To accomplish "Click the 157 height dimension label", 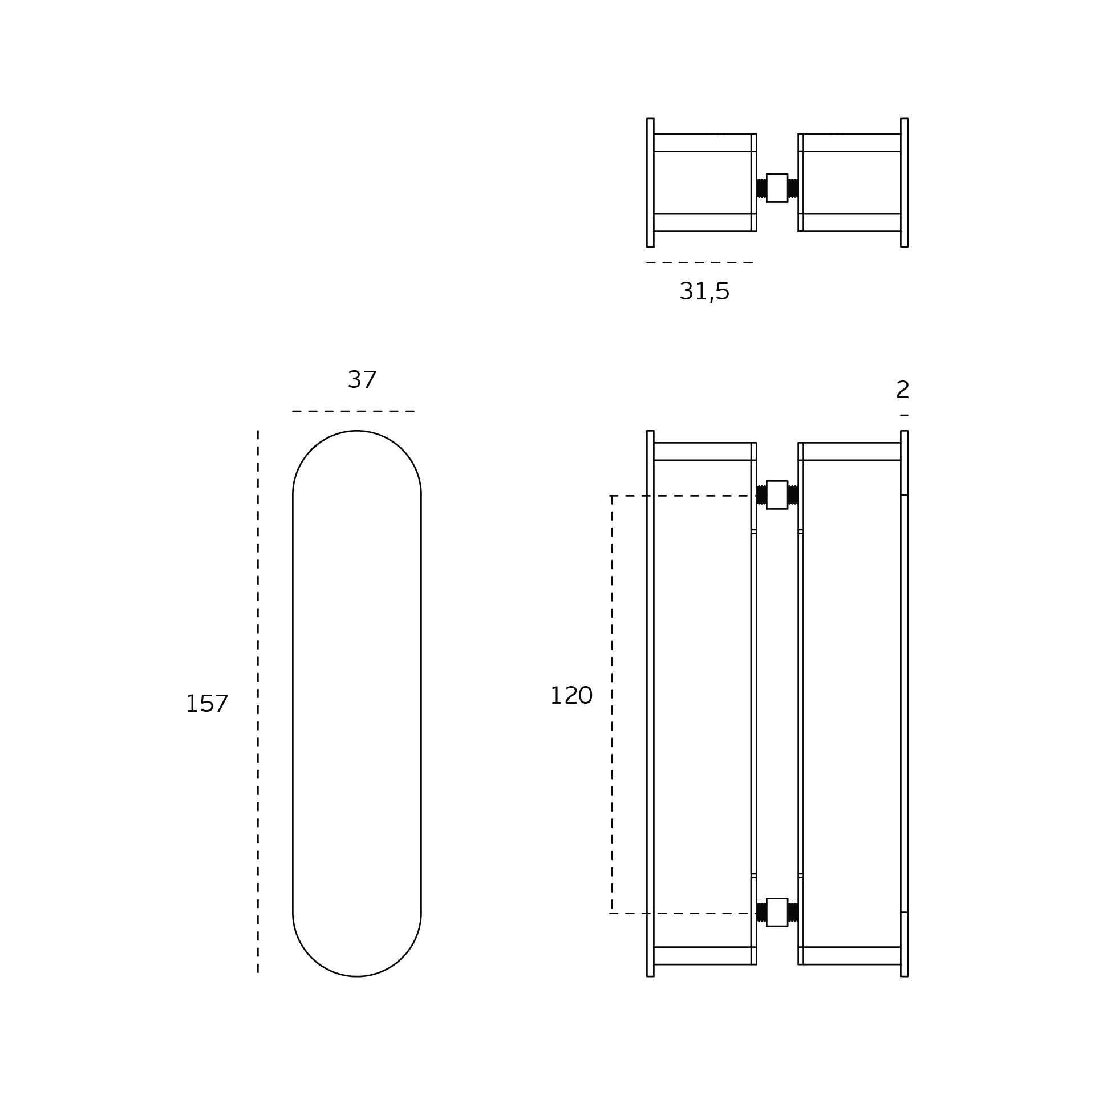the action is (207, 704).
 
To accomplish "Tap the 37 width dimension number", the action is (362, 380).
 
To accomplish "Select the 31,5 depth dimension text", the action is (704, 292).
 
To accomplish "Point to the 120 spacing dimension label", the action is (571, 696).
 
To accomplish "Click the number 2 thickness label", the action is (903, 390).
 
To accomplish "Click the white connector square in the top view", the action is (777, 188).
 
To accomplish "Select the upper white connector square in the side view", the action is (777, 494).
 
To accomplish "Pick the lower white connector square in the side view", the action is (777, 912).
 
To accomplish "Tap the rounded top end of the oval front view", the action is (357, 431).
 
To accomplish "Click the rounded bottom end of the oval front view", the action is (357, 976).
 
